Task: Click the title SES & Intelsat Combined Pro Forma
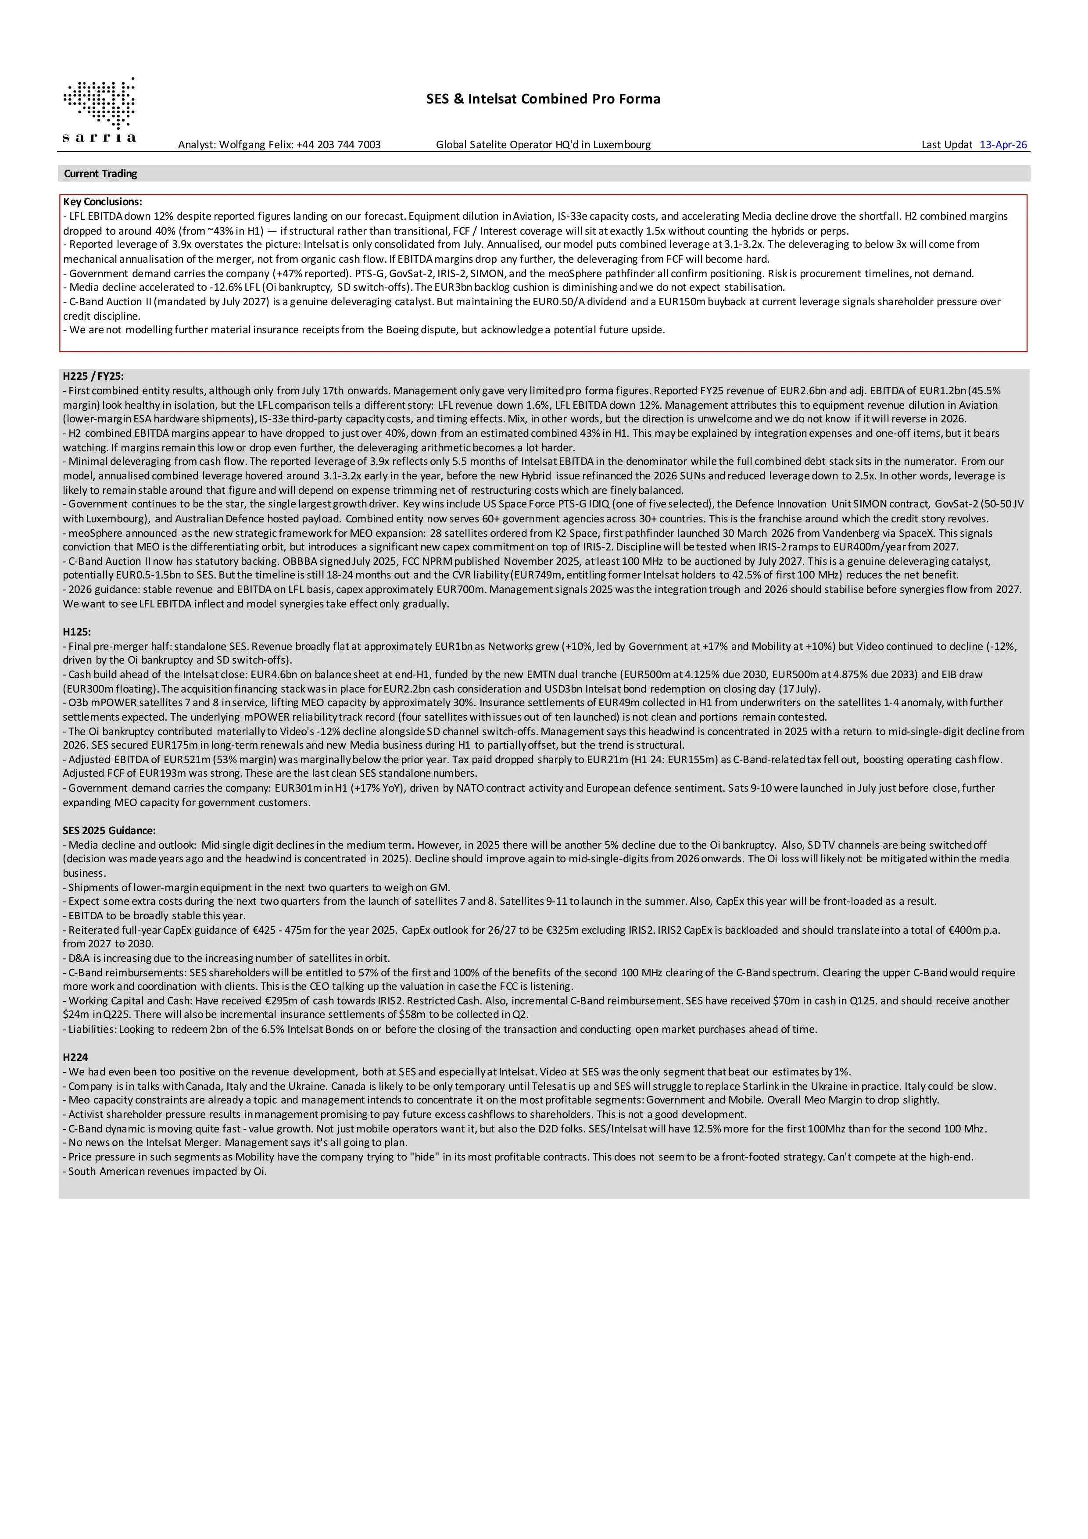[543, 99]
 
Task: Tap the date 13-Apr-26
[1003, 145]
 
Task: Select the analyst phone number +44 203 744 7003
[339, 145]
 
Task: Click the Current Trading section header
[100, 174]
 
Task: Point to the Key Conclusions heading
[103, 202]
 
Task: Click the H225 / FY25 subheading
[93, 377]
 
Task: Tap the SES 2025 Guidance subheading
[109, 831]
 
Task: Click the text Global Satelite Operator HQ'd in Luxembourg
[543, 145]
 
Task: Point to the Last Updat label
[947, 145]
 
